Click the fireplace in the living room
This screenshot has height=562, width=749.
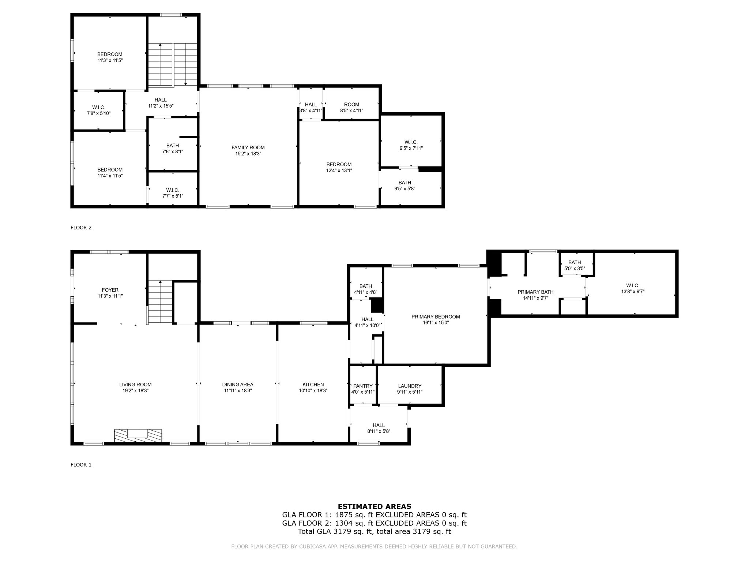(138, 435)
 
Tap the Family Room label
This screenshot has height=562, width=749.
(248, 148)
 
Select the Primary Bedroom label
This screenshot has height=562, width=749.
(436, 317)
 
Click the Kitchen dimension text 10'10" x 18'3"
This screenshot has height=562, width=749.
(313, 391)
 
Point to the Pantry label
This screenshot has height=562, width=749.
(363, 386)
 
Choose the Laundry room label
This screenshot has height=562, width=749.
(410, 386)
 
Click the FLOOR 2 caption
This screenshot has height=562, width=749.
(81, 228)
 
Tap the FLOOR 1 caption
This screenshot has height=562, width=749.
(81, 465)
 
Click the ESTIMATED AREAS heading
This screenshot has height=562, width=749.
(374, 506)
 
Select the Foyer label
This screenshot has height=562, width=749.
(110, 290)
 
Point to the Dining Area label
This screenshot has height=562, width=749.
(238, 385)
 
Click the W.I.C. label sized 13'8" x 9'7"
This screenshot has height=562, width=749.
(633, 286)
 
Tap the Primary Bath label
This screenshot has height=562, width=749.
(535, 292)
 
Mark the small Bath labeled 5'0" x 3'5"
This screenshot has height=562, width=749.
(575, 262)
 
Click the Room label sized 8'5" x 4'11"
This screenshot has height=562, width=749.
(352, 105)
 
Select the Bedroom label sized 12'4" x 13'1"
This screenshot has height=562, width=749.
(339, 165)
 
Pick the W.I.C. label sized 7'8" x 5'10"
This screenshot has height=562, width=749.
(99, 108)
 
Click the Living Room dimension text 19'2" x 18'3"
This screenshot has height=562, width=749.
(135, 391)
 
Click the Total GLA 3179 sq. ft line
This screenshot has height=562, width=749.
(374, 532)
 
